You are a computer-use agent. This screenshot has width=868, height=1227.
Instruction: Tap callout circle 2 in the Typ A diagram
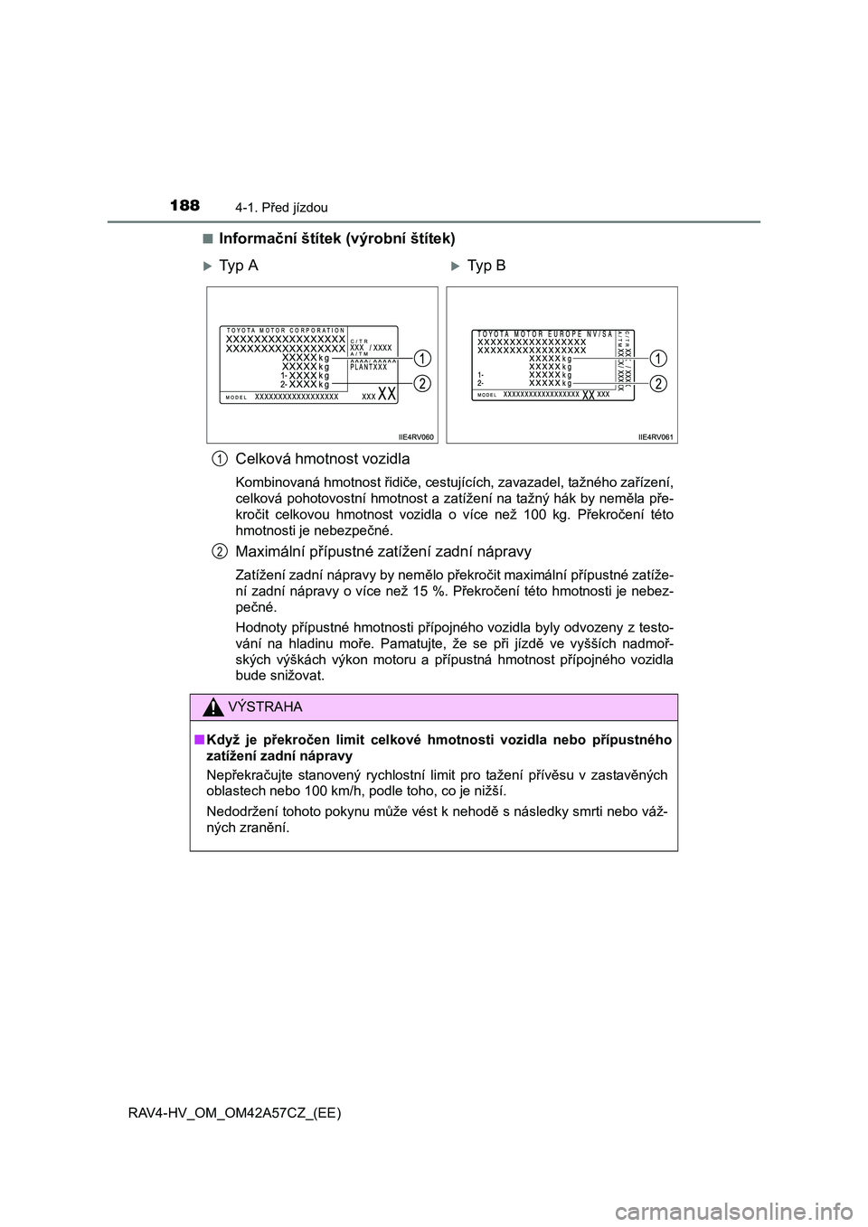pyautogui.click(x=422, y=384)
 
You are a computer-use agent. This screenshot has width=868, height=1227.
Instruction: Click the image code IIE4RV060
pyautogui.click(x=416, y=436)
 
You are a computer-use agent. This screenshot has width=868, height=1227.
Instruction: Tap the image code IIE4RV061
pyautogui.click(x=656, y=436)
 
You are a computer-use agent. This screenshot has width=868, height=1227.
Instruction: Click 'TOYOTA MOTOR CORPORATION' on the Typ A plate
pyautogui.click(x=285, y=331)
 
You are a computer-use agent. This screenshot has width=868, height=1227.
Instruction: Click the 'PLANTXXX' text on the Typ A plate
pyautogui.click(x=368, y=367)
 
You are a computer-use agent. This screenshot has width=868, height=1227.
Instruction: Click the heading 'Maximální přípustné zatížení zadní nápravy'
pyautogui.click(x=383, y=551)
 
